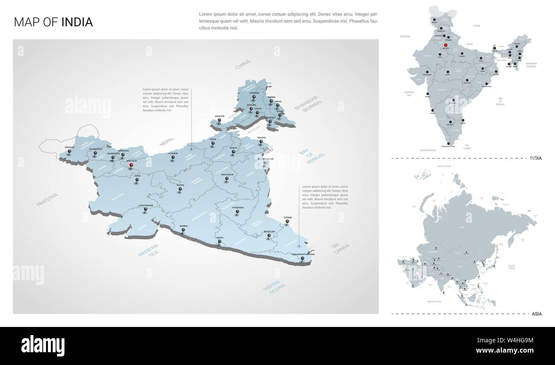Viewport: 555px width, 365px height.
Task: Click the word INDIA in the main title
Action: pos(77,22)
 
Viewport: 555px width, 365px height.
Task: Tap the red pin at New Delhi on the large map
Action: pos(131,165)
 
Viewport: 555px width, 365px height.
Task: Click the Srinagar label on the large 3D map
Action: pos(70,147)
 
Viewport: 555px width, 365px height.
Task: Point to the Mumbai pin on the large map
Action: pos(184,230)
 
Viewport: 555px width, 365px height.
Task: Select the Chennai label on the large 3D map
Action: pos(287,218)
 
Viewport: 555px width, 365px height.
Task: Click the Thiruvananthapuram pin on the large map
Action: pos(302,259)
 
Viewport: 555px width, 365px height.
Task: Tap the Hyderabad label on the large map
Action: pos(237,207)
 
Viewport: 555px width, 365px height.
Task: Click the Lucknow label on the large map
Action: pos(173,153)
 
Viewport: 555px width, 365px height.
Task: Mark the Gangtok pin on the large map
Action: pos(219,121)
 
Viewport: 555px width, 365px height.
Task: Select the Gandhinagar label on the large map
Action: pos(146,205)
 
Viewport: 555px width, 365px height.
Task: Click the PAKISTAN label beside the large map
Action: pos(47,200)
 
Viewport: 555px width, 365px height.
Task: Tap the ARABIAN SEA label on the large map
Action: pos(148,250)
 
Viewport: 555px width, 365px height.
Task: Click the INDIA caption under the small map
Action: pos(535,158)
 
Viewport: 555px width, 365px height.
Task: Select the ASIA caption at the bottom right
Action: pos(537,314)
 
